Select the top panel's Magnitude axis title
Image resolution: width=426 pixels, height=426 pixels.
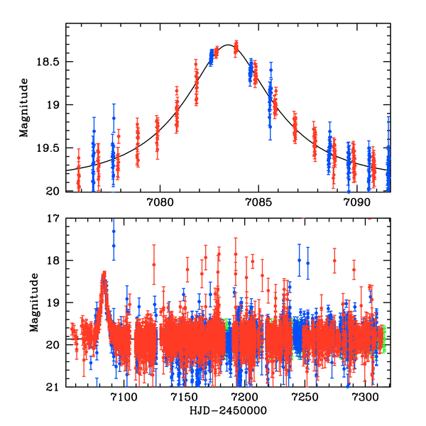pyautogui.click(x=24, y=107)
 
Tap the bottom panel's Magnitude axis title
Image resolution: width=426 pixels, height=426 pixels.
pyautogui.click(x=33, y=302)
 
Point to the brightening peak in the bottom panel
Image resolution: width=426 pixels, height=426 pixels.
pyautogui.click(x=104, y=274)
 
